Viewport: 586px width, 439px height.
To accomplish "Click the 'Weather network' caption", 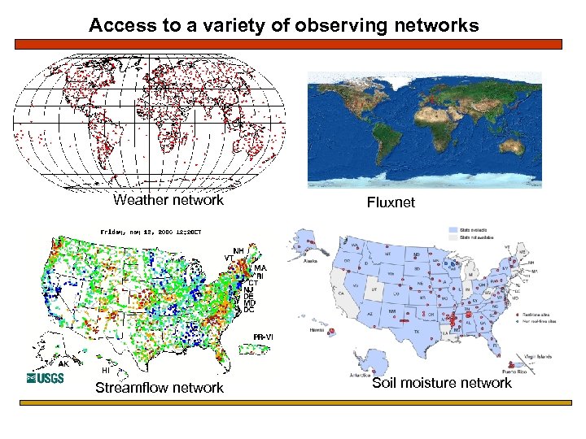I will tap(168, 200).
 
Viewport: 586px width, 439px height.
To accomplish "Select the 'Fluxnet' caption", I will tap(391, 202).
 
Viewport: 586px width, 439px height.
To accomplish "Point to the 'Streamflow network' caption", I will tap(159, 388).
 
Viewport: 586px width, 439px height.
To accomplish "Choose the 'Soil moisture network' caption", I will tap(442, 382).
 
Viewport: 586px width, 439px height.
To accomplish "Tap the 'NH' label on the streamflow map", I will tap(238, 250).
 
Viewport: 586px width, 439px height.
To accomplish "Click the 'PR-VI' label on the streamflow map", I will tap(263, 337).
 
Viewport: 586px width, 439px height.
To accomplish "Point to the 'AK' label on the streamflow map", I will tap(63, 364).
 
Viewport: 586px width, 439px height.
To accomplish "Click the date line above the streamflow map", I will tap(151, 232).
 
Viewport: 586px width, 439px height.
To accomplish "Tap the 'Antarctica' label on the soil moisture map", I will tap(357, 374).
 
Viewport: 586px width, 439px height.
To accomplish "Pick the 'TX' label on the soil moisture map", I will tap(417, 332).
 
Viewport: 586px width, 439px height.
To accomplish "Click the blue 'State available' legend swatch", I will tap(453, 229).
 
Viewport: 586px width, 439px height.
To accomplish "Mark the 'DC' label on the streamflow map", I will tap(249, 310).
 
